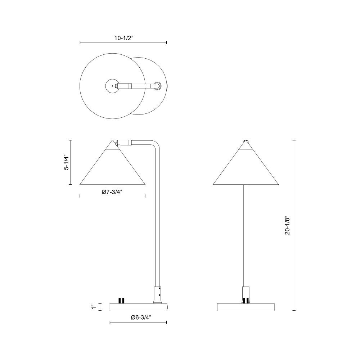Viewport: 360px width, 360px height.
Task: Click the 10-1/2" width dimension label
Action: click(124, 38)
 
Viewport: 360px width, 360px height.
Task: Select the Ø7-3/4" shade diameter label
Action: click(112, 192)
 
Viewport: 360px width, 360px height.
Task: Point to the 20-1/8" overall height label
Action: click(287, 225)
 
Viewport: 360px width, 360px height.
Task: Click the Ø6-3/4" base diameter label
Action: click(141, 318)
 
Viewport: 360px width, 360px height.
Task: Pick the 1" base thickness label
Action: click(93, 307)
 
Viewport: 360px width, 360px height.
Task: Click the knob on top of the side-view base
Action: click(122, 300)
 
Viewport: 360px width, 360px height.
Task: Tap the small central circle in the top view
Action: click(112, 86)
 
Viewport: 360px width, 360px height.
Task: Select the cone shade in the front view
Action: click(246, 165)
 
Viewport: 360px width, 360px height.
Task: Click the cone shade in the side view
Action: click(112, 165)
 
